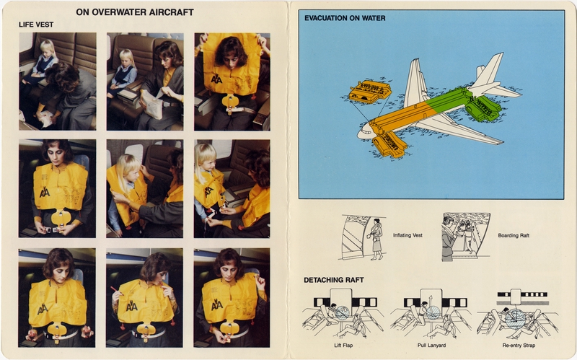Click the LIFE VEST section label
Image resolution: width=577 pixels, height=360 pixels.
(x=36, y=25)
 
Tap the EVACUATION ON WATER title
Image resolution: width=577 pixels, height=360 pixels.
(x=345, y=18)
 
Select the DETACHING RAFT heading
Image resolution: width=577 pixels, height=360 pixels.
(x=334, y=279)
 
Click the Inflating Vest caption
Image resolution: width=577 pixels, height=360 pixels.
(x=408, y=236)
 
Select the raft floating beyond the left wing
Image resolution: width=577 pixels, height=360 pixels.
(x=369, y=92)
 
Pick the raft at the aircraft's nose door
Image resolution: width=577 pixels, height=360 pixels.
(x=390, y=143)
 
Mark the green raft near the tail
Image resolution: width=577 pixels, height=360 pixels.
(x=484, y=108)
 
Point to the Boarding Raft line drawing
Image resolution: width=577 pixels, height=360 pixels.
(x=465, y=236)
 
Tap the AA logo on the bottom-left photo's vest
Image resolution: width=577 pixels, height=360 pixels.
(x=43, y=308)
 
